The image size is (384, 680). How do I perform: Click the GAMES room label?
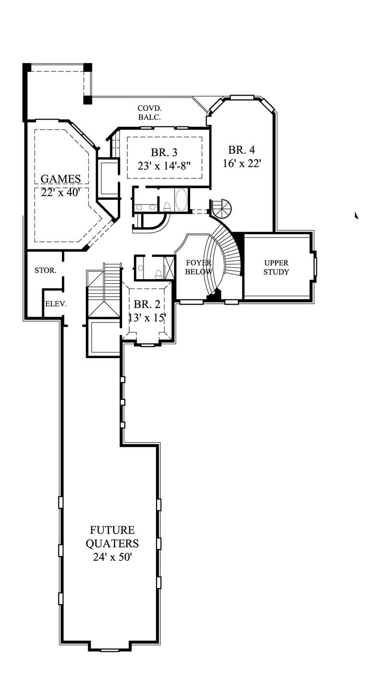click(x=60, y=179)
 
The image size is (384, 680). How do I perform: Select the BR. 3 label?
click(x=164, y=153)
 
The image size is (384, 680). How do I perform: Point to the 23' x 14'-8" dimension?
click(x=164, y=166)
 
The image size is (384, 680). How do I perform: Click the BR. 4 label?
click(x=241, y=149)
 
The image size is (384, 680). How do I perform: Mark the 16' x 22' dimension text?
click(x=241, y=163)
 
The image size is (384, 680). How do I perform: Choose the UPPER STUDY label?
click(x=276, y=267)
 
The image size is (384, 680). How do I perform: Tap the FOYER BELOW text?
click(x=199, y=267)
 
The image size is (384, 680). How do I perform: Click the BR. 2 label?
click(x=146, y=304)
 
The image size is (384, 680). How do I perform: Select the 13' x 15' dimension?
click(x=146, y=318)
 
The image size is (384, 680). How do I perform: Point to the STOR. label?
click(x=46, y=271)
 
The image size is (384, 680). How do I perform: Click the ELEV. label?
click(x=56, y=304)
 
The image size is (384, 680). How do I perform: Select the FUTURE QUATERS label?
click(x=112, y=537)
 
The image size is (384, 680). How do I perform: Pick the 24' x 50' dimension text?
click(x=112, y=557)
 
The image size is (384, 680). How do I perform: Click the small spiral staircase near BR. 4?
click(x=221, y=208)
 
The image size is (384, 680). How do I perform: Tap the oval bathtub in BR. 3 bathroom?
click(x=182, y=200)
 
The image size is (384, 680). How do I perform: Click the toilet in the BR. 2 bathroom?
click(x=158, y=273)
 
